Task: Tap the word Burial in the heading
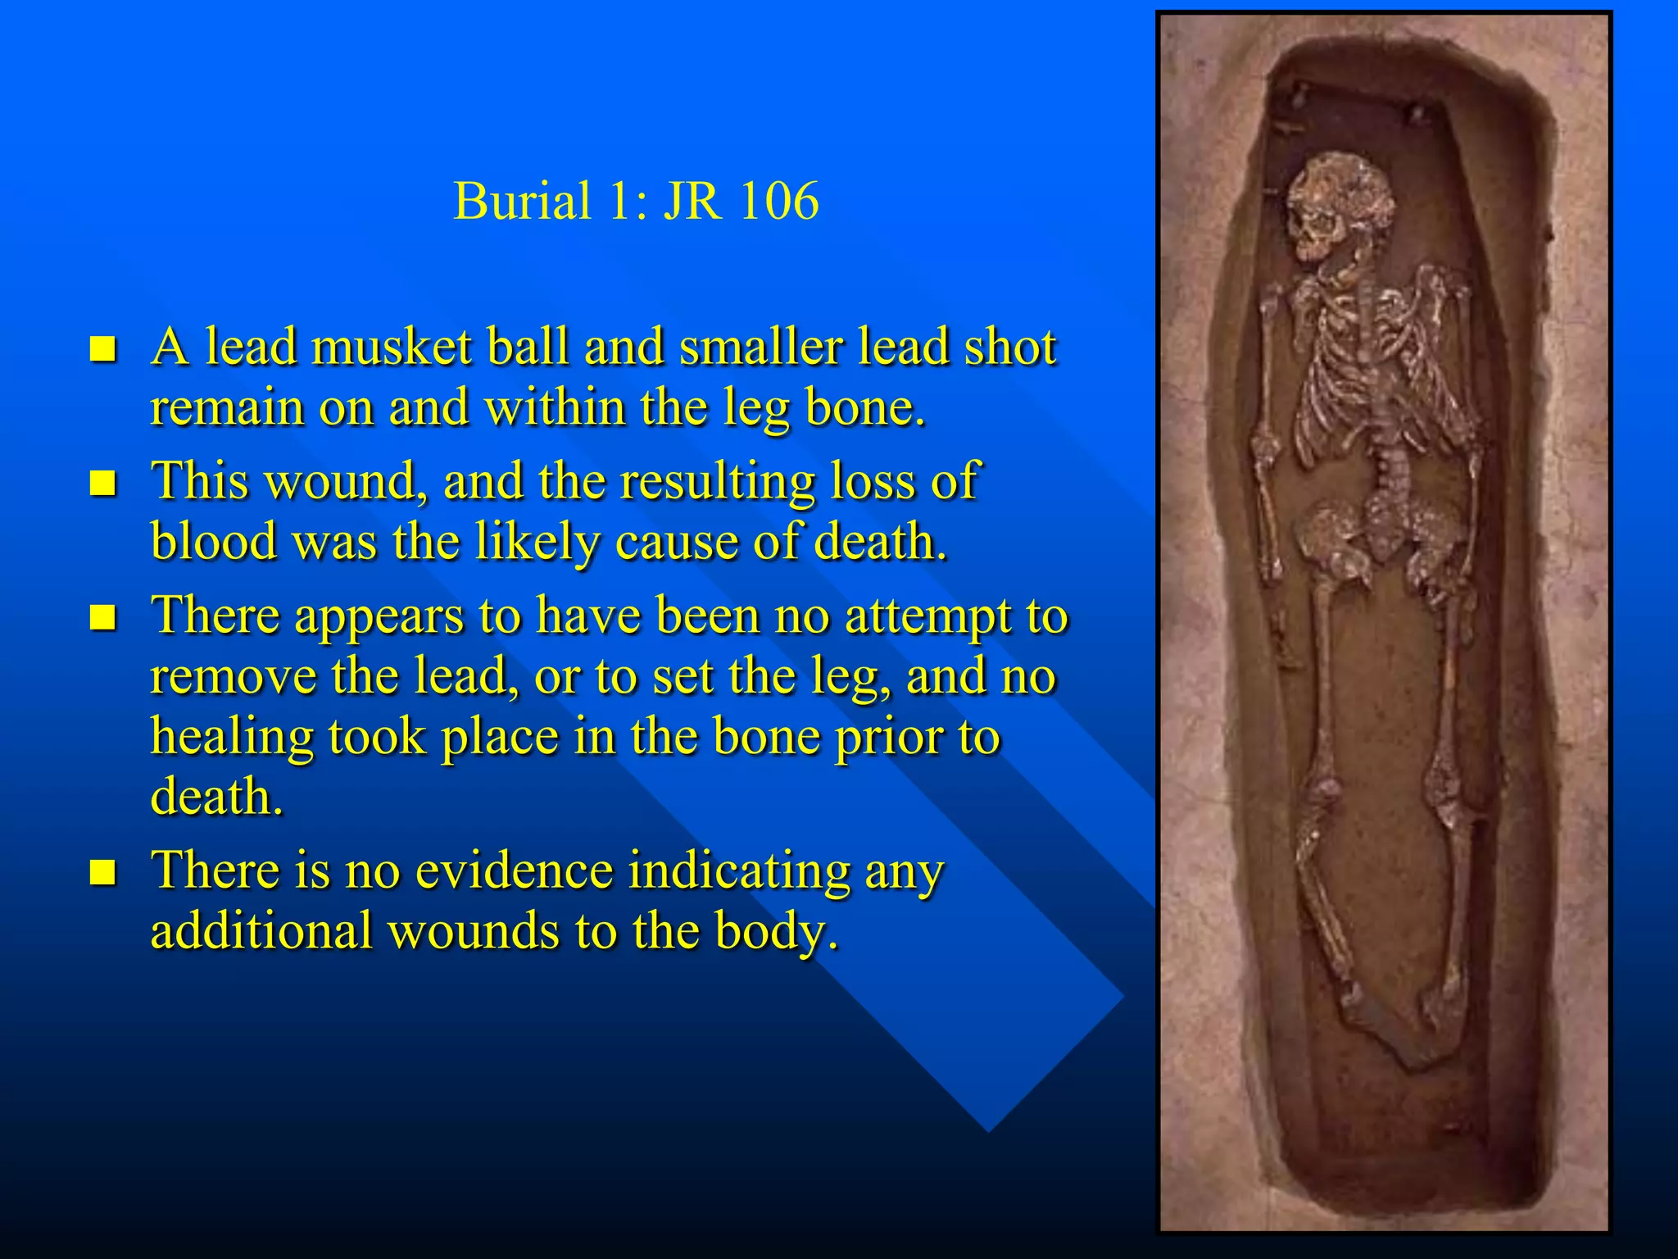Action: (522, 201)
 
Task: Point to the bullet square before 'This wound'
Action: (103, 483)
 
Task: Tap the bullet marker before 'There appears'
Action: (103, 616)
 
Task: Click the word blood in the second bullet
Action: (214, 542)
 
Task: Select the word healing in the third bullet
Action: (232, 737)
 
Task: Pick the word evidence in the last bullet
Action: (514, 870)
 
